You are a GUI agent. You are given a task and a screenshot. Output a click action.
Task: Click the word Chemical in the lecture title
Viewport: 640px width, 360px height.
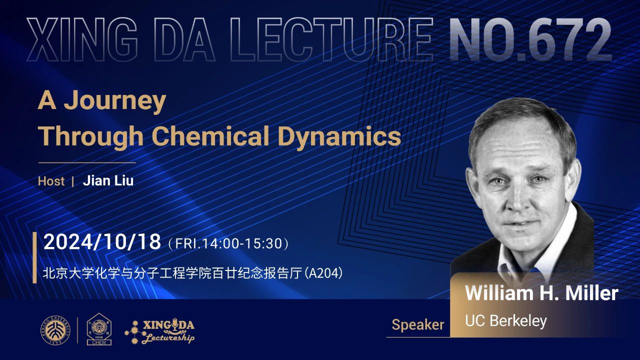tap(211, 136)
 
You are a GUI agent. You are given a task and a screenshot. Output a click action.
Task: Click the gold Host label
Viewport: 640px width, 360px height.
tap(51, 181)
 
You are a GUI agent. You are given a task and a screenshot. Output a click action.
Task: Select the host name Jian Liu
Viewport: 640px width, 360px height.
tap(108, 181)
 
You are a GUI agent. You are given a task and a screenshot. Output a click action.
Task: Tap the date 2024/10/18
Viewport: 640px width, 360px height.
tap(102, 242)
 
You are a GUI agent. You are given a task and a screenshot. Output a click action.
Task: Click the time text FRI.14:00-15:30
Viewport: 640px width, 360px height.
tap(228, 243)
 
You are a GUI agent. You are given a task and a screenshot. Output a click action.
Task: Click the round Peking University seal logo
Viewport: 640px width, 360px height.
tap(55, 330)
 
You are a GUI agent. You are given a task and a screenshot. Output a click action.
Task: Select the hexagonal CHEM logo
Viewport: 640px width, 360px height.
tap(99, 329)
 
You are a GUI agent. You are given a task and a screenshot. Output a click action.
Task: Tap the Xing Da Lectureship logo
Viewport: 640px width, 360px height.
tap(159, 331)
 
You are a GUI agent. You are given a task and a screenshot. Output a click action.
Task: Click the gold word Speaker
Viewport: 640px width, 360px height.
tap(417, 325)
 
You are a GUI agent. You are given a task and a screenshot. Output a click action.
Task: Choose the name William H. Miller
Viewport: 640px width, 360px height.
tap(541, 293)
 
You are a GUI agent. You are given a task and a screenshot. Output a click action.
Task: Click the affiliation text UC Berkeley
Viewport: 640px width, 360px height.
tap(505, 321)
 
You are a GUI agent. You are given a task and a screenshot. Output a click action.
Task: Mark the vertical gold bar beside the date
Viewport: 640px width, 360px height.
tap(34, 257)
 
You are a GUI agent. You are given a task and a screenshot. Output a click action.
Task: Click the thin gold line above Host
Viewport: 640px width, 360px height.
tap(87, 162)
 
